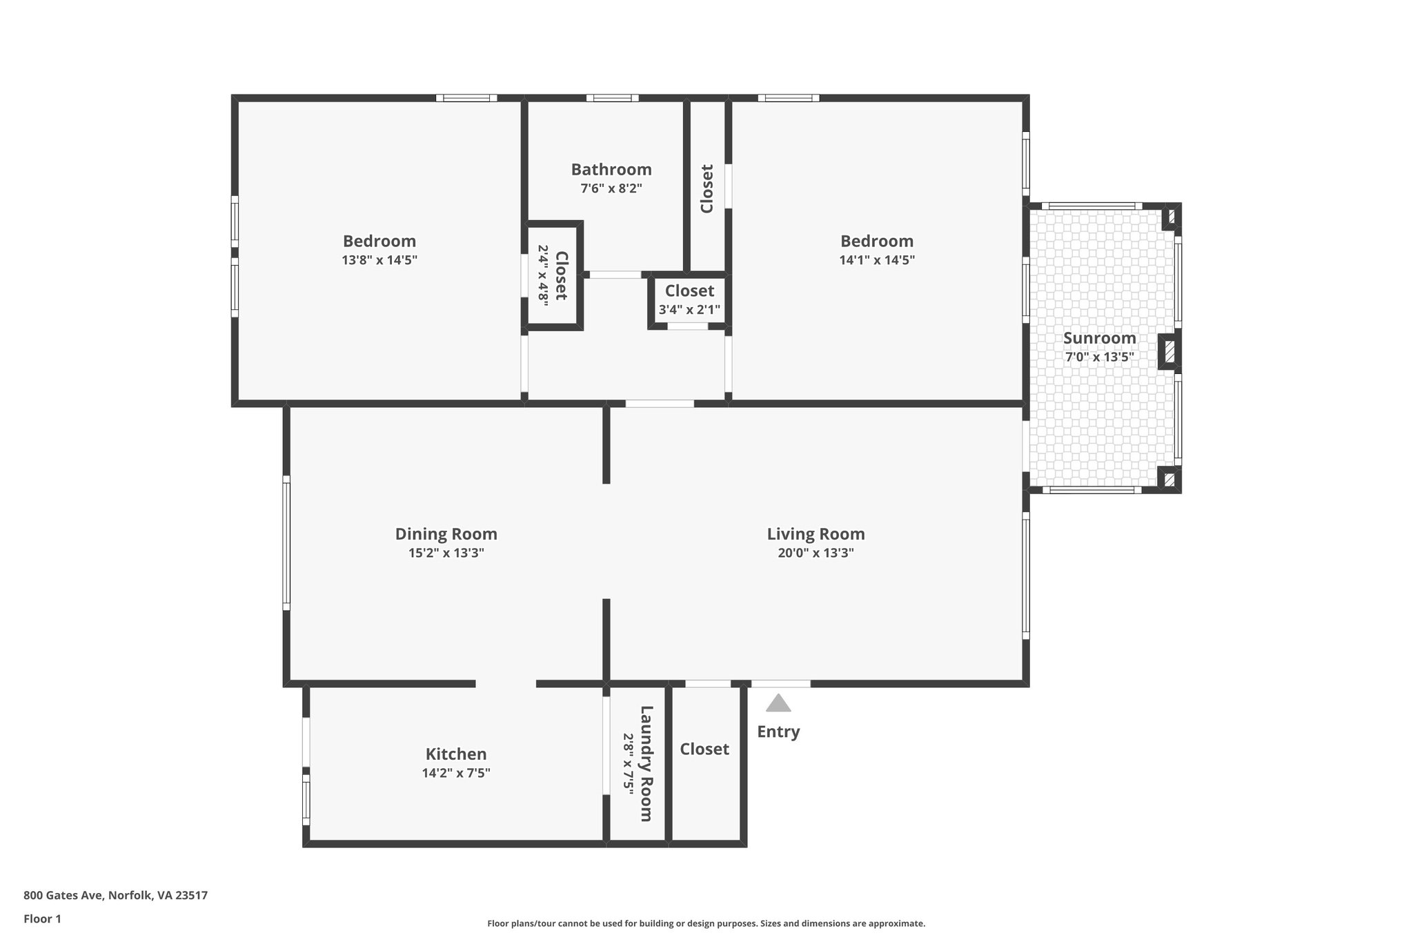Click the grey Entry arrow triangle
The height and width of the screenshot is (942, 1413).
click(x=778, y=704)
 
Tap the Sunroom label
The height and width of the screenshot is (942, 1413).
click(x=1099, y=338)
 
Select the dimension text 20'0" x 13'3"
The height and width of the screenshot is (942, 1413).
click(x=816, y=553)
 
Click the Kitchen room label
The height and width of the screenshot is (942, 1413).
click(x=455, y=754)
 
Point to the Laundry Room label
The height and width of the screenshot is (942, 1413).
click(x=646, y=763)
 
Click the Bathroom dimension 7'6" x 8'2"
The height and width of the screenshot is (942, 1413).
click(x=611, y=188)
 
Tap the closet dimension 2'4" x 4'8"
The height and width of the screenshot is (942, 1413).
click(x=543, y=275)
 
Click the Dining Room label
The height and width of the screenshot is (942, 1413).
click(x=446, y=533)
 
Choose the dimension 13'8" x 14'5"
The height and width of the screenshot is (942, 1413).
click(x=379, y=260)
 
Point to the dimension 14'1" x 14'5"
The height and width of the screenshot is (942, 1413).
click(x=876, y=260)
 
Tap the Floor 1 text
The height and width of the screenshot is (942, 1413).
click(x=42, y=919)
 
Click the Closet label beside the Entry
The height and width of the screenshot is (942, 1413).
click(x=704, y=749)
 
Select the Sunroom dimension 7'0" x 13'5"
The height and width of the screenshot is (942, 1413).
click(x=1099, y=357)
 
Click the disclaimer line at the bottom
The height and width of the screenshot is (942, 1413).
click(x=706, y=923)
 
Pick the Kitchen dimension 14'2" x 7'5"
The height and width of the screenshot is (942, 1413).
click(x=455, y=773)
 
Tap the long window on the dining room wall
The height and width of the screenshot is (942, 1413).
click(x=286, y=542)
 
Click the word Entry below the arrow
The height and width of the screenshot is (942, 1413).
click(x=778, y=732)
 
